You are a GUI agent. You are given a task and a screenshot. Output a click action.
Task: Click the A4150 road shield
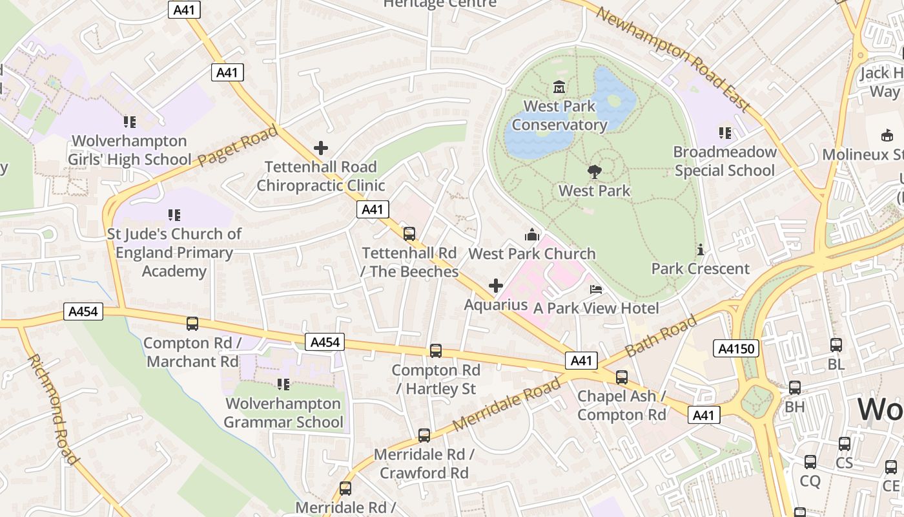point(735,349)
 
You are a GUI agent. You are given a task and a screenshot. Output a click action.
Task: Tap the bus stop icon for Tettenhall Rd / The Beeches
point(409,233)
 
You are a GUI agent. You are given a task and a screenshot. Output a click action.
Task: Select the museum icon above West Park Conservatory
point(559,87)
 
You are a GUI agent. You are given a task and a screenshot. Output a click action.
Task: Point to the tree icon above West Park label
point(594,172)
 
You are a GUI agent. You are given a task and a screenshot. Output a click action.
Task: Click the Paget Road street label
point(238,146)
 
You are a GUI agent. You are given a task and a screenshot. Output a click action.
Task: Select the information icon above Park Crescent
point(700,250)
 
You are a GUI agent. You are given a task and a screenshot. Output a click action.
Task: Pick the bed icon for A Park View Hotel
point(595,289)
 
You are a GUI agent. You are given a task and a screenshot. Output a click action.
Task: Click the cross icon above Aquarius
point(496,286)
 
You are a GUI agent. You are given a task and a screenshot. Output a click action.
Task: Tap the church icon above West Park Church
point(531,235)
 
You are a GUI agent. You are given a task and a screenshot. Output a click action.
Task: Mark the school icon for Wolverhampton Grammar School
point(283,385)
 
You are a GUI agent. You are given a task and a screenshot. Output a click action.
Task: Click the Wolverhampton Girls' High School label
point(130,150)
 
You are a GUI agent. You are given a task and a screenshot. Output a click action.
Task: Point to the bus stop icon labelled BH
point(794,388)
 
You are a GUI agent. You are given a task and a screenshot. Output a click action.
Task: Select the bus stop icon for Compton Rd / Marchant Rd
point(192,324)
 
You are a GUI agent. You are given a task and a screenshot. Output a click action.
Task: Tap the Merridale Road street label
point(507,405)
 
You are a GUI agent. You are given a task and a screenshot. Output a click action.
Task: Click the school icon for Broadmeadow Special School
point(725,133)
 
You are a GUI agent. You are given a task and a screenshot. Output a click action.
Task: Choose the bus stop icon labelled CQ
point(810,462)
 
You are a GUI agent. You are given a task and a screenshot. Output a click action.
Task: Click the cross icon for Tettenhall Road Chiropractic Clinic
point(320,148)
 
